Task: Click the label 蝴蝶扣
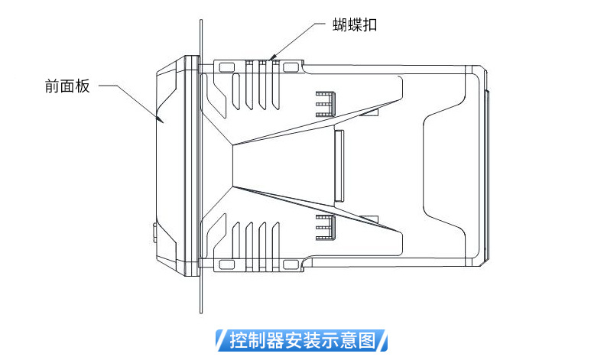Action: click(x=355, y=24)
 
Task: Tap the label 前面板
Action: click(x=67, y=86)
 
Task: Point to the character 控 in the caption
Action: click(x=238, y=339)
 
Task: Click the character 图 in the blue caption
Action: click(x=367, y=339)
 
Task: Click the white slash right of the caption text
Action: click(x=385, y=339)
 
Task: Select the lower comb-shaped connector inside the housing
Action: click(x=326, y=226)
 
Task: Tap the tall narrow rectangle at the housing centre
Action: click(x=339, y=165)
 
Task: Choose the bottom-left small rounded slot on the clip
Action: click(x=226, y=264)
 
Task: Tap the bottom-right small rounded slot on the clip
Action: click(x=291, y=264)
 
